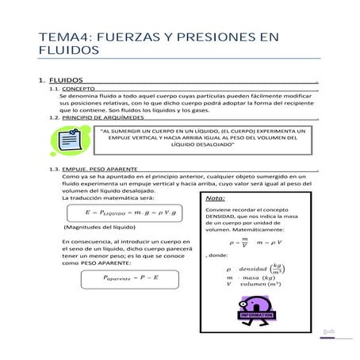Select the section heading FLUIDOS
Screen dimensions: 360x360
pos(64,80)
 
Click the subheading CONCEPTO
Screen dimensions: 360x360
pos(79,90)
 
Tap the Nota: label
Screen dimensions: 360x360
pos(216,197)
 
